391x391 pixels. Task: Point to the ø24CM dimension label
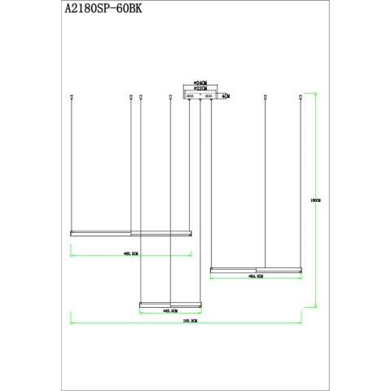[x=200, y=83]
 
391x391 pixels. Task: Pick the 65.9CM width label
[x=130, y=254]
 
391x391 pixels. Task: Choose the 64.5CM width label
[x=255, y=277]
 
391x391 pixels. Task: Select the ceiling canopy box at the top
[x=200, y=96]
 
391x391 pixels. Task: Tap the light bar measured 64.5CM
[x=256, y=270]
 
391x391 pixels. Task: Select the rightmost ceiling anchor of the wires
[x=301, y=99]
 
